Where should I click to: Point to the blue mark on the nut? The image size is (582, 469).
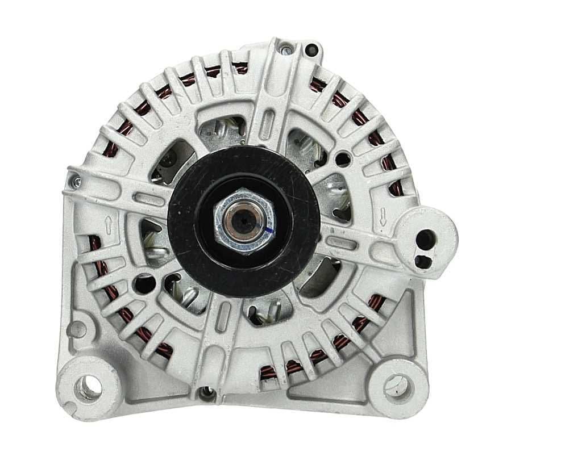pos(268,229)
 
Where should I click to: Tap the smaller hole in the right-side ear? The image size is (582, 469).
pos(421,261)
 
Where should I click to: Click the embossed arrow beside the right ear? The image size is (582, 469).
pos(384,215)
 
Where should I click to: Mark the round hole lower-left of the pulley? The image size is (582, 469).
pos(144,282)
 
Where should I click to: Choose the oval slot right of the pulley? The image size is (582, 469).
pos(342,243)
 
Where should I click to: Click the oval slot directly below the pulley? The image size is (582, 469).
pos(225,310)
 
